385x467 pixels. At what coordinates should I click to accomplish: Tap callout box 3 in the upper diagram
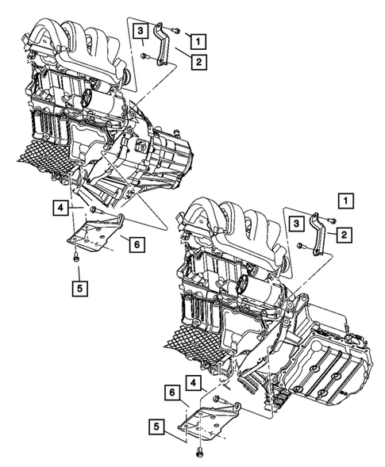pyautogui.click(x=140, y=31)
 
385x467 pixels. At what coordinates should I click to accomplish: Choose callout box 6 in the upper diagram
pyautogui.click(x=136, y=245)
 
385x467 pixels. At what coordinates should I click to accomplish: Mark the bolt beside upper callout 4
pyautogui.click(x=94, y=209)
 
